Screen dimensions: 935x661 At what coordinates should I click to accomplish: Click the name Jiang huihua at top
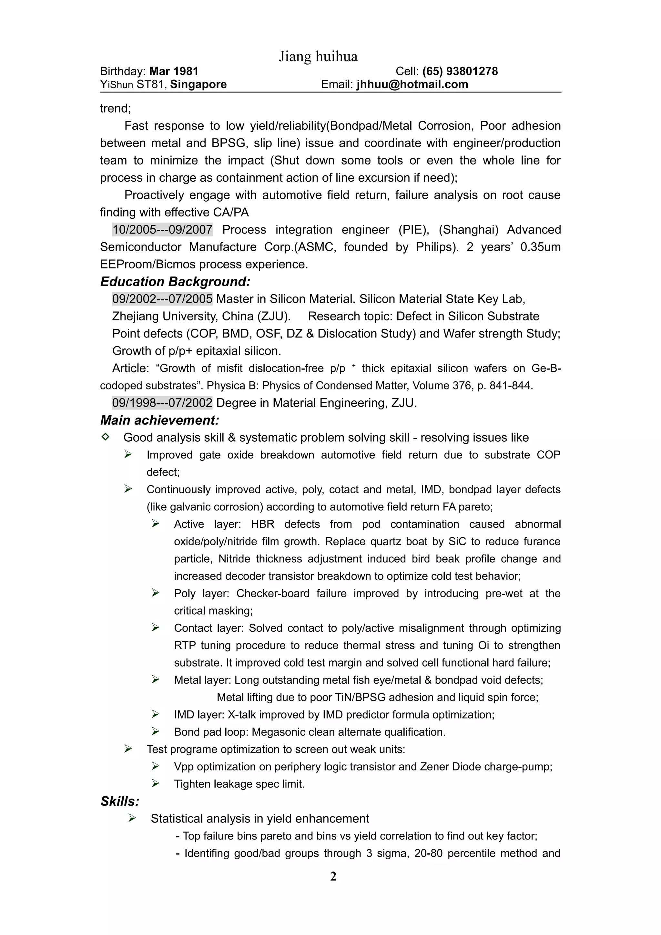click(x=318, y=56)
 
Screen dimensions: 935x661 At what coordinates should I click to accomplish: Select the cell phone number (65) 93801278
click(x=460, y=71)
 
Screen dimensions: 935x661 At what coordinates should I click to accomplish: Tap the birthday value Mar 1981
click(x=174, y=71)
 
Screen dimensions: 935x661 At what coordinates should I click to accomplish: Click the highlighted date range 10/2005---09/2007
click(x=162, y=230)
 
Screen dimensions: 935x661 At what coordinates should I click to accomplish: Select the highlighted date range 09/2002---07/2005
click(x=162, y=299)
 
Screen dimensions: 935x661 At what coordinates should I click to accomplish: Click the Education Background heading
click(x=175, y=281)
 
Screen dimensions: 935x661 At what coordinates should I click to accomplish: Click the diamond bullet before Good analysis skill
click(x=105, y=437)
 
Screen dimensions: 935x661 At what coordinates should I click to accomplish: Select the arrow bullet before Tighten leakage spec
click(x=155, y=783)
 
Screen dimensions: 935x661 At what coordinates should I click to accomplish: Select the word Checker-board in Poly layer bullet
click(x=273, y=593)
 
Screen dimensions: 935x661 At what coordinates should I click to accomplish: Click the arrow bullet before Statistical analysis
click(x=132, y=818)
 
